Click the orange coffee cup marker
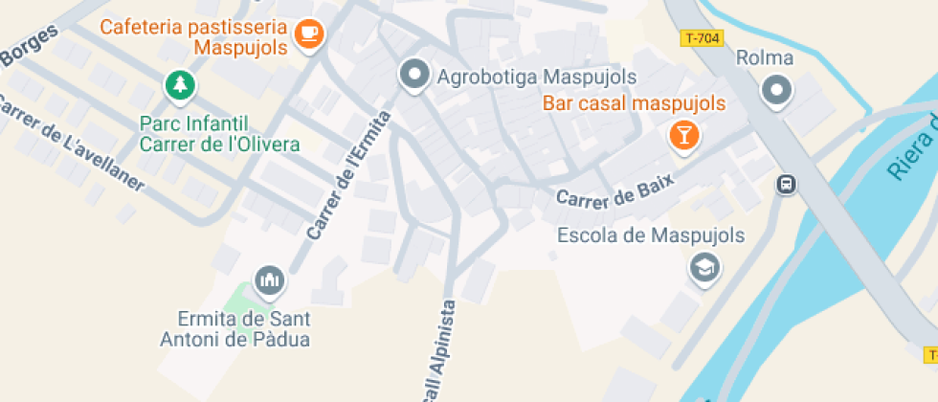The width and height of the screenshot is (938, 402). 308,33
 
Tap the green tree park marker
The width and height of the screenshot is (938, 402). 178,86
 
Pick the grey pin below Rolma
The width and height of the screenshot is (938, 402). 776,92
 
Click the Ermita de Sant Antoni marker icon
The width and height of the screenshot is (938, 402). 270,279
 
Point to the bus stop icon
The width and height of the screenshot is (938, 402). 786,184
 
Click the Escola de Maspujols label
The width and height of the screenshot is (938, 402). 651,235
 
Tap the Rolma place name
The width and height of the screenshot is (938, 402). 765,58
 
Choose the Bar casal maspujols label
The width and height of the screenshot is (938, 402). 634,102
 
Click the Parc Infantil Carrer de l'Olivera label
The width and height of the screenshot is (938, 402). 219,134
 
